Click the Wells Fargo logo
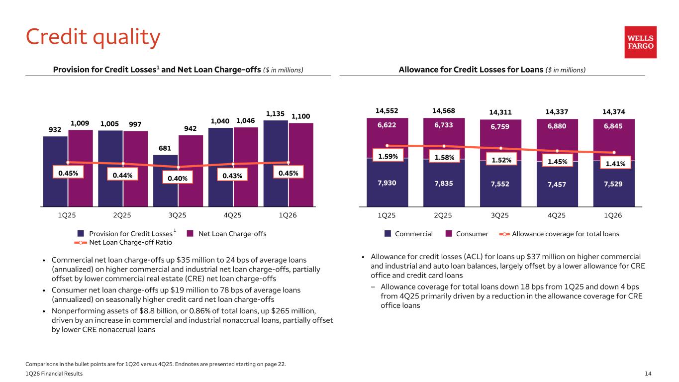pyautogui.click(x=640, y=42)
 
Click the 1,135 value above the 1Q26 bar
pyautogui.click(x=276, y=113)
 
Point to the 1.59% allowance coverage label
pyautogui.click(x=388, y=156)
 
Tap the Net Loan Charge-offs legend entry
pyautogui.click(x=227, y=234)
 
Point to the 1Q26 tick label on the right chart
pyautogui.click(x=613, y=215)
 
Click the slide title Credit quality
pyautogui.click(x=93, y=37)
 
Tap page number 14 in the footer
pyautogui.click(x=648, y=374)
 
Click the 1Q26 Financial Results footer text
pyautogui.click(x=55, y=374)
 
